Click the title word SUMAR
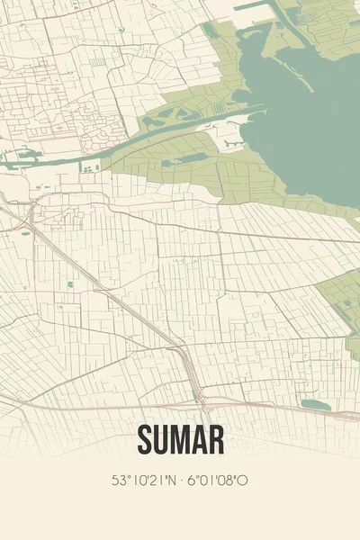[x=180, y=439]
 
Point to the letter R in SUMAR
[x=214, y=439]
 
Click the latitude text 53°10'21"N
[x=144, y=481]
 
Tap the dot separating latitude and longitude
[x=181, y=481]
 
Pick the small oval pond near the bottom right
[x=315, y=404]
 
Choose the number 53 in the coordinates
[x=118, y=481]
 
